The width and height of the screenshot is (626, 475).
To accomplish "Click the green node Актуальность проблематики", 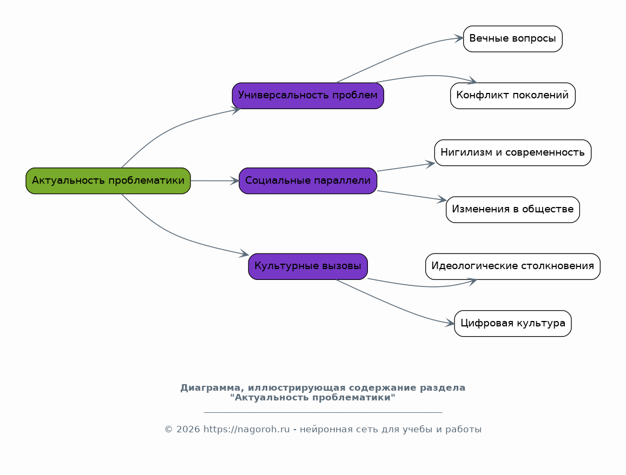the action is tap(108, 180).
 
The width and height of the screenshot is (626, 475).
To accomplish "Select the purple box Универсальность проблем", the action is tap(308, 96).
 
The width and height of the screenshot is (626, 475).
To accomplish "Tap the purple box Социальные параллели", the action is tap(308, 180).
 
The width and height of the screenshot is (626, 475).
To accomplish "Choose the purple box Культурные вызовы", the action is tap(308, 266).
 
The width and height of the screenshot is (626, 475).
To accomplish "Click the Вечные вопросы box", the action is tap(512, 39).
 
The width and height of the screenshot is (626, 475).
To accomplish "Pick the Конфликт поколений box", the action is tap(512, 96).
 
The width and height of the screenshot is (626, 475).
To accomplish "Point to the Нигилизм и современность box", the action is tap(512, 152).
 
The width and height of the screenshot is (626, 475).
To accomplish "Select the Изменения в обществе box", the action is tap(512, 209).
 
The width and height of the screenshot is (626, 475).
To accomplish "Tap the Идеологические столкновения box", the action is tap(512, 266).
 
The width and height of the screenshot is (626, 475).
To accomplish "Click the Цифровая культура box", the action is tap(512, 324).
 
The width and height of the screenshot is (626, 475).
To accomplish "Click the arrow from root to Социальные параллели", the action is tap(215, 181).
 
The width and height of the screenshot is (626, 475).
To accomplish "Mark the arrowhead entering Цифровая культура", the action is tap(450, 323).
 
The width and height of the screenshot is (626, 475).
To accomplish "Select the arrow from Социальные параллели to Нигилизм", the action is tap(406, 167).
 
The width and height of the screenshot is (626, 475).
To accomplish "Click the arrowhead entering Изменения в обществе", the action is tap(442, 199).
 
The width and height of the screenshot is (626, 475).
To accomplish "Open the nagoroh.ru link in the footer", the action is tap(246, 430).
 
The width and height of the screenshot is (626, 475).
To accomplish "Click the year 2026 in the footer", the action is tap(188, 430).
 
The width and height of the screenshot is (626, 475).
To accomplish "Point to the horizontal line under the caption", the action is tap(323, 412).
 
